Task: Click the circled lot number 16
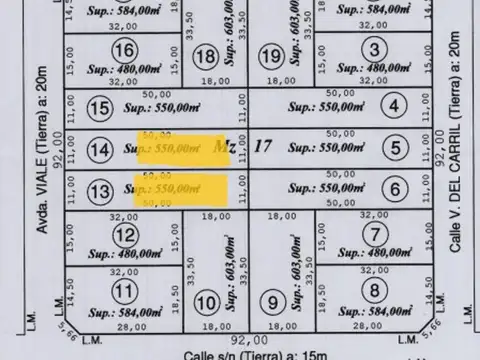coord(125,52)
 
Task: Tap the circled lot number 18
coord(207,56)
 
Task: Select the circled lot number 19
coord(270,56)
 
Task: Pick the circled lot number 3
coord(373,49)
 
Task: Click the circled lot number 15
coord(99,108)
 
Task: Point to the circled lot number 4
coord(396,106)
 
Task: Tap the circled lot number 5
coord(397,149)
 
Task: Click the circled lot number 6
coord(396,189)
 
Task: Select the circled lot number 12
coord(125,236)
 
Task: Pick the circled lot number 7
coord(373,235)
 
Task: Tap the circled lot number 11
coord(124,292)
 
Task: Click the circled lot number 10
coord(207,301)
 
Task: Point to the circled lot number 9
coord(270,301)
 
